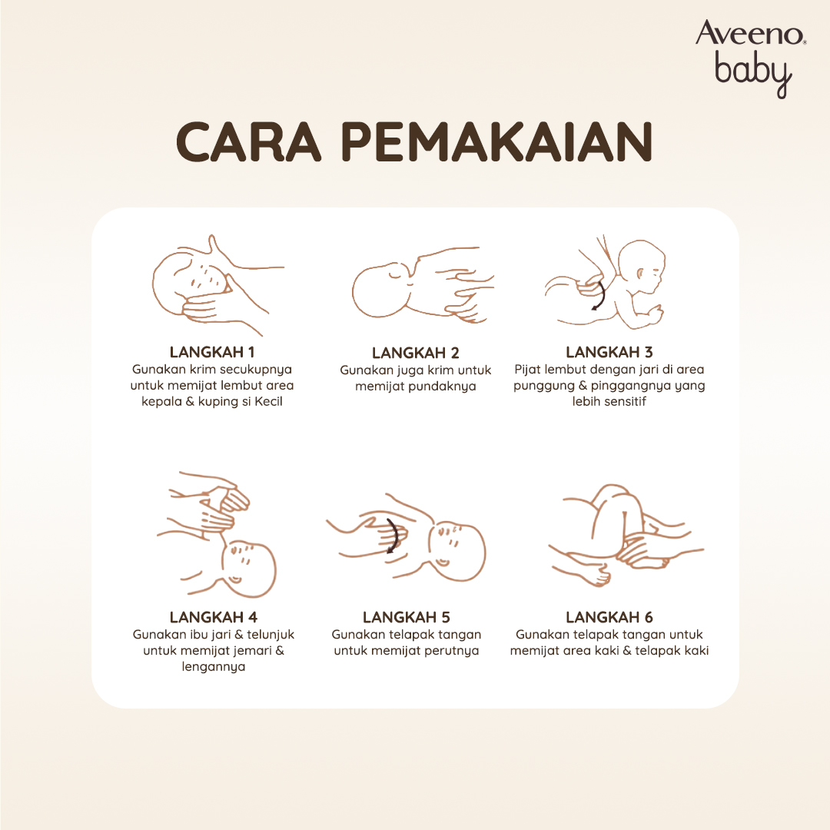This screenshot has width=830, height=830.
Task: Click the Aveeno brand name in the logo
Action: [x=750, y=33]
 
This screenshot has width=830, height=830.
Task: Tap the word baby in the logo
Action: [x=753, y=74]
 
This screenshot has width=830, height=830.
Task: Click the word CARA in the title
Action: [x=249, y=142]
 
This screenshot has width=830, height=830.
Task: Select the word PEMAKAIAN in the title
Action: [x=496, y=142]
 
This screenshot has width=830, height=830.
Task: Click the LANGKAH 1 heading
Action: [x=212, y=352]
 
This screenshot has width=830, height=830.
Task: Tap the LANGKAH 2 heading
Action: [x=416, y=353]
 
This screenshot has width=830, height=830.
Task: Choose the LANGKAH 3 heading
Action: [x=609, y=352]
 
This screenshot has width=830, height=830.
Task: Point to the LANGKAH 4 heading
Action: [x=214, y=617]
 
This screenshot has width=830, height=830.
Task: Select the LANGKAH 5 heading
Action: [x=407, y=617]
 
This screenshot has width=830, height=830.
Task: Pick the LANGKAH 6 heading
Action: [x=609, y=617]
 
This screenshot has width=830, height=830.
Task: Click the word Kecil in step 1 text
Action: [x=268, y=401]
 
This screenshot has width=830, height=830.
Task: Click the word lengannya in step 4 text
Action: [x=214, y=667]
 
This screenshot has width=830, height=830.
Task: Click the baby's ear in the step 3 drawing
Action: [x=640, y=274]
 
